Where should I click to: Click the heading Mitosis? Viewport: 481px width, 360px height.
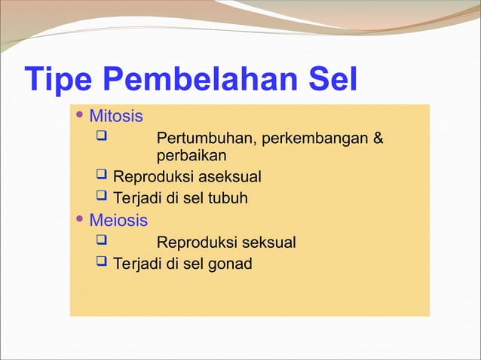point(116,117)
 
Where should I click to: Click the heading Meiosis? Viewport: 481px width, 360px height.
point(118,221)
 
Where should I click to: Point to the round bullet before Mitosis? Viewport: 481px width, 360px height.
point(81,116)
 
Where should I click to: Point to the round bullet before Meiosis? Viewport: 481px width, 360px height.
point(81,220)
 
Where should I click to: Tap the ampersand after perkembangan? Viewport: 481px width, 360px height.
point(378,139)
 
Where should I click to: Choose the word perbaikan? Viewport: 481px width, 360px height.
point(191,156)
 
